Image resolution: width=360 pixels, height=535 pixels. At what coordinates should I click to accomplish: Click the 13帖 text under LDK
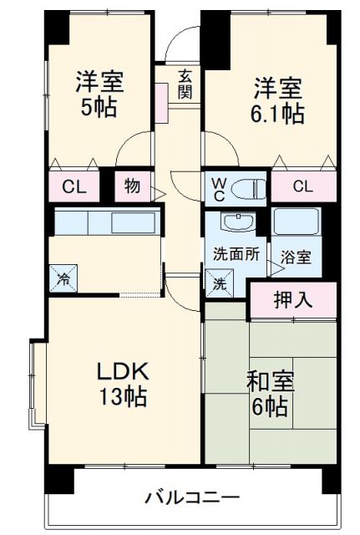click(x=123, y=397)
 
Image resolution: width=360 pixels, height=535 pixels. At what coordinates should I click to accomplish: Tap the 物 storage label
click(x=133, y=186)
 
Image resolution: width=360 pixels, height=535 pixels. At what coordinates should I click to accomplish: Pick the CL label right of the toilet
click(x=302, y=186)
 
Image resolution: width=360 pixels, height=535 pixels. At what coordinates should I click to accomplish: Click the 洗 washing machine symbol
click(x=219, y=283)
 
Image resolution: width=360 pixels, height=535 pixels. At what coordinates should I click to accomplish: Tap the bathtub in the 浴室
click(x=297, y=223)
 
